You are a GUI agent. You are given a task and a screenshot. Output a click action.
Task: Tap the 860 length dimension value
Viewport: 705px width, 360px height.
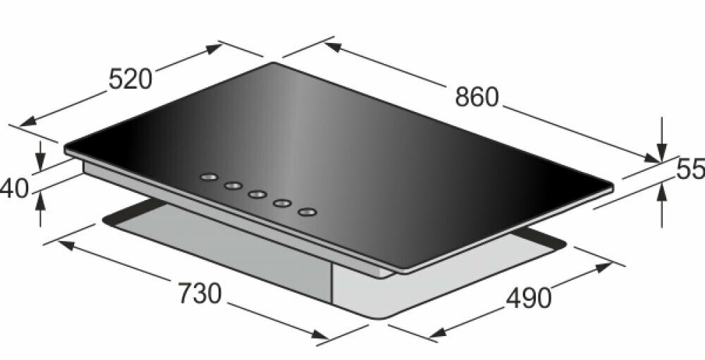point(477,97)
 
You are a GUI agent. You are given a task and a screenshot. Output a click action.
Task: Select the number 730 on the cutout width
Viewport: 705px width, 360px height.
point(200,294)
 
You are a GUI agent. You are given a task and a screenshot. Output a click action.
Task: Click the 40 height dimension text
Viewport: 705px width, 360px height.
point(13,189)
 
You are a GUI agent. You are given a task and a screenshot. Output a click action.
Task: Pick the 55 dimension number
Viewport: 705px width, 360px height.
point(691,170)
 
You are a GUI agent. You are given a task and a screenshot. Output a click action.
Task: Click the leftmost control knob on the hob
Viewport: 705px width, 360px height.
point(209,177)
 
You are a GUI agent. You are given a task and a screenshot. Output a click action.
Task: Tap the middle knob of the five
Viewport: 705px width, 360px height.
point(257,194)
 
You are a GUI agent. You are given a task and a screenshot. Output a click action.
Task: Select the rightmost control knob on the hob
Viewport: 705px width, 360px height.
point(307,211)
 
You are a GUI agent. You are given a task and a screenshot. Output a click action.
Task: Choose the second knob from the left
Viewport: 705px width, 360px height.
point(233,185)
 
